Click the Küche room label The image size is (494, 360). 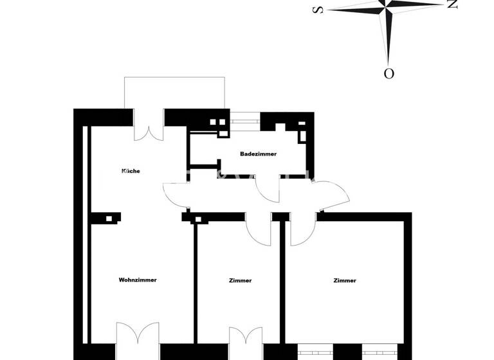click(x=131, y=171)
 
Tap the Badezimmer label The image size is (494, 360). click(x=258, y=154)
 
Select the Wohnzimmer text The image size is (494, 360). click(x=138, y=280)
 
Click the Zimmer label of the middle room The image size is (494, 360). click(x=240, y=280)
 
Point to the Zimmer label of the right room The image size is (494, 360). click(x=345, y=280)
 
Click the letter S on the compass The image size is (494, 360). click(x=316, y=10)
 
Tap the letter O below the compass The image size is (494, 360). click(x=389, y=73)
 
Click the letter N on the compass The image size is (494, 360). click(x=452, y=4)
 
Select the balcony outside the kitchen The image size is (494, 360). click(x=174, y=93)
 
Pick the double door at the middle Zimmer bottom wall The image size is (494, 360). click(x=246, y=344)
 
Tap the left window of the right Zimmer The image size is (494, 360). click(x=315, y=352)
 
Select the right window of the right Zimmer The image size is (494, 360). click(x=379, y=352)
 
